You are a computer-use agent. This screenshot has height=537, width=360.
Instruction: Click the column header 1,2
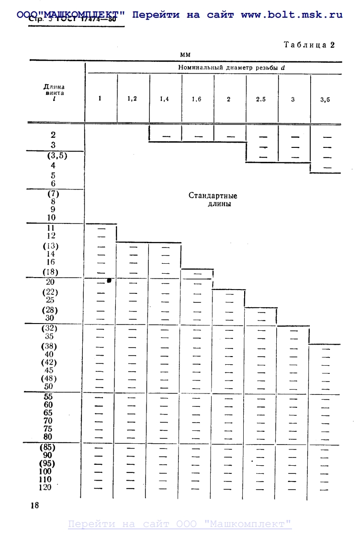(x=132, y=99)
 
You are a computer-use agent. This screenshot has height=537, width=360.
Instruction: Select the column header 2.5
(x=261, y=100)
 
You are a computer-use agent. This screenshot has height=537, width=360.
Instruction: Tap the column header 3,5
(x=325, y=100)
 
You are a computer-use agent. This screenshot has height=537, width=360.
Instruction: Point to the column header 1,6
(x=197, y=100)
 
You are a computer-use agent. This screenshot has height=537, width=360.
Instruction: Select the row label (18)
(x=50, y=272)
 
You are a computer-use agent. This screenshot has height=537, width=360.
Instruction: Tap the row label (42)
(x=50, y=362)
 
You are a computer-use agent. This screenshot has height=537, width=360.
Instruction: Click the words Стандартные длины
(x=213, y=200)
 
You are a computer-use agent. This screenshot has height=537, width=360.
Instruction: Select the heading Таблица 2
(x=309, y=45)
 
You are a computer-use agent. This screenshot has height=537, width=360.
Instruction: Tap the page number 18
(x=34, y=505)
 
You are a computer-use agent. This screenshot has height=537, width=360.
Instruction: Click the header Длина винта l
(x=54, y=93)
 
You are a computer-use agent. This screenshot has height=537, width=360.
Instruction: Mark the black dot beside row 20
(x=109, y=280)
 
